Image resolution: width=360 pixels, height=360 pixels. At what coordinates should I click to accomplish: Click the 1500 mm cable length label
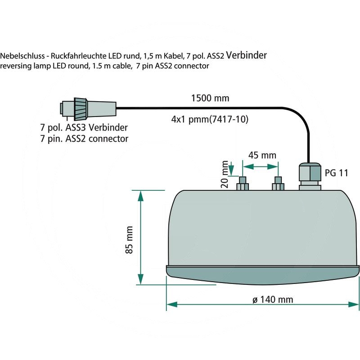point(210,98)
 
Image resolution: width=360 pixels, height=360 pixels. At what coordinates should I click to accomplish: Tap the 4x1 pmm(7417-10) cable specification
point(210,120)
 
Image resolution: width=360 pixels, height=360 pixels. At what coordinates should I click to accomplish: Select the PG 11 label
point(336,173)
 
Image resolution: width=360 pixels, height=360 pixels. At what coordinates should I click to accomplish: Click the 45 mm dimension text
point(262,155)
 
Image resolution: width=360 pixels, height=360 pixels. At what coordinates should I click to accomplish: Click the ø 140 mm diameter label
point(273,300)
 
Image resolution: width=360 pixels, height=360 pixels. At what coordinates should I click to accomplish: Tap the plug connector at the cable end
point(88,108)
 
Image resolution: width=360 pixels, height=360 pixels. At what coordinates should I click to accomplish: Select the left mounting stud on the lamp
point(243,183)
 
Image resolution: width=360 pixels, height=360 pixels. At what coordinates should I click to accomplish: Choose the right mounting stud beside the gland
point(278,183)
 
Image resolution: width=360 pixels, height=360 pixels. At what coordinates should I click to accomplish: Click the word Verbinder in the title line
point(247,55)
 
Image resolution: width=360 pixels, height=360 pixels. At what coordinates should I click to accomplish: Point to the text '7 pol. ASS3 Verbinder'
point(84,127)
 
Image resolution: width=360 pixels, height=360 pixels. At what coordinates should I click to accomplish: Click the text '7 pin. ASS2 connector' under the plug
point(84,139)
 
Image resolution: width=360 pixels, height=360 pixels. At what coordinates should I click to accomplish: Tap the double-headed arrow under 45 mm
point(261,166)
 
